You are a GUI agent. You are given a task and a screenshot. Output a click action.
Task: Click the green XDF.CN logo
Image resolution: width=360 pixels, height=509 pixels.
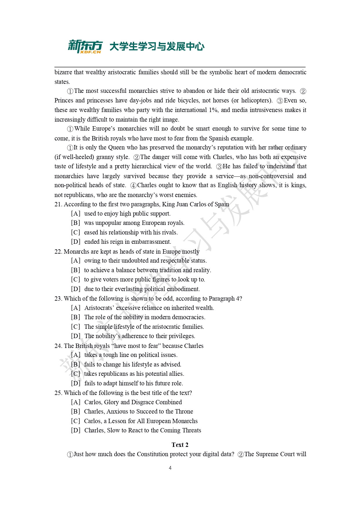pyautogui.click(x=85, y=46)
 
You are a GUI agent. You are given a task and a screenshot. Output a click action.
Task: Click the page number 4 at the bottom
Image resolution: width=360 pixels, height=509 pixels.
pyautogui.click(x=170, y=468)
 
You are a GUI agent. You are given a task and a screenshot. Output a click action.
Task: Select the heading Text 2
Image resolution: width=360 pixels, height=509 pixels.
pyautogui.click(x=180, y=445)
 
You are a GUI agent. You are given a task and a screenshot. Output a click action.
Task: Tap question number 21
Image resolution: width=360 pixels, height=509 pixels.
pyautogui.click(x=58, y=204)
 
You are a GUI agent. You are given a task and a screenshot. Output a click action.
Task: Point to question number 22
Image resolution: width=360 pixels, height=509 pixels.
pyautogui.click(x=58, y=252)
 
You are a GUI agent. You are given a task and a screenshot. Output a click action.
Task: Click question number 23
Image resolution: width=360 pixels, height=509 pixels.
pyautogui.click(x=58, y=299)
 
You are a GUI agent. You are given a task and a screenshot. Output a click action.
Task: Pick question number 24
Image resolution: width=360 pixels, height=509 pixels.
pyautogui.click(x=58, y=346)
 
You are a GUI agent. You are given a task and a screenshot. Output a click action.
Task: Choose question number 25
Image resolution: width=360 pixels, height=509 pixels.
pyautogui.click(x=58, y=393)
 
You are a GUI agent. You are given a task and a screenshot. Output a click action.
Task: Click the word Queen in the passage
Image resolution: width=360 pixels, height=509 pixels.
pyautogui.click(x=116, y=147)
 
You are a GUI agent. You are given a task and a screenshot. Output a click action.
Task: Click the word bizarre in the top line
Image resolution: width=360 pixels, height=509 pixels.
pyautogui.click(x=63, y=72)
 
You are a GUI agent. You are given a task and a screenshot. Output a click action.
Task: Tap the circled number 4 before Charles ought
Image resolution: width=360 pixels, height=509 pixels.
pyautogui.click(x=133, y=185)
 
